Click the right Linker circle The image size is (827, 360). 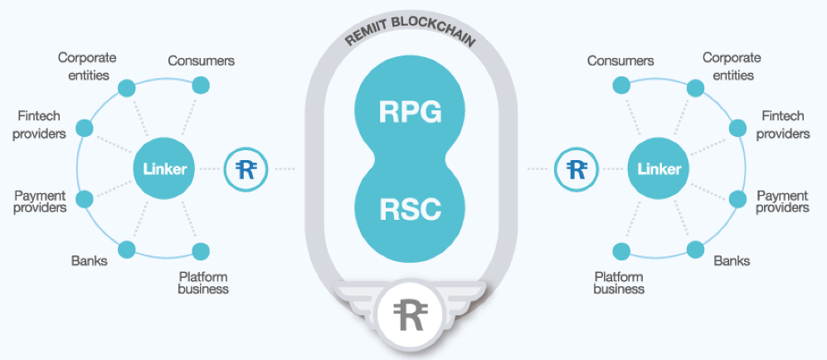click(659, 169)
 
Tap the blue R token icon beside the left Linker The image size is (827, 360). click(245, 169)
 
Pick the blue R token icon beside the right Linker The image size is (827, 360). click(576, 169)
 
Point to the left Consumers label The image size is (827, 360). click(201, 61)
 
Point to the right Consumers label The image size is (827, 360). click(620, 61)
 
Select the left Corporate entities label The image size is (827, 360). click(86, 66)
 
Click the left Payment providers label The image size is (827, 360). click(40, 202)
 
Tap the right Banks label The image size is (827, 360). click(732, 260)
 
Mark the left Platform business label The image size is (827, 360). click(203, 283)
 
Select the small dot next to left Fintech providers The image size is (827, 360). click(83, 129)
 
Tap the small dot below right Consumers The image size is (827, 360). click(620, 85)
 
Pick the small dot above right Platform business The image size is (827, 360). click(620, 250)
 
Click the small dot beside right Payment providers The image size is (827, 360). click(738, 199)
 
